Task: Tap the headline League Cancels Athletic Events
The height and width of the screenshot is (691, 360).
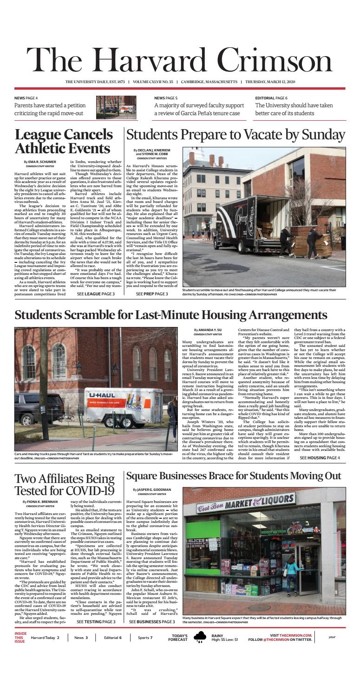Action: [x=65, y=142]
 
